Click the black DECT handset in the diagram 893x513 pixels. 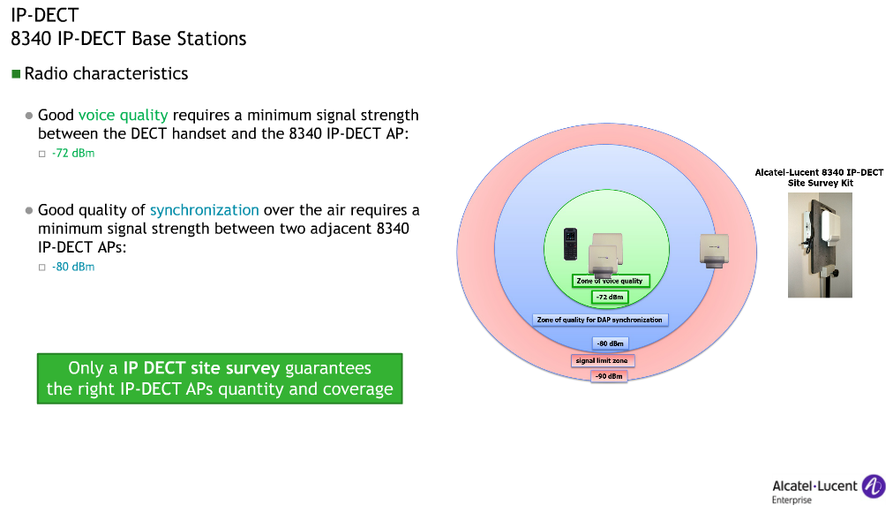(571, 245)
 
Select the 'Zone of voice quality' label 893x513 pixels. (611, 281)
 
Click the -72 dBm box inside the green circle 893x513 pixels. (609, 298)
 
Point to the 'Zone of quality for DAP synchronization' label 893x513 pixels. (599, 320)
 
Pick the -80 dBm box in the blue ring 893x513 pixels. (609, 343)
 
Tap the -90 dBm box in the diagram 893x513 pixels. (609, 376)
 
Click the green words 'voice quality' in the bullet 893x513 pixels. (123, 116)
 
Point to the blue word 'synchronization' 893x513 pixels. (204, 210)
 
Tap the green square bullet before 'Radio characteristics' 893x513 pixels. (15, 74)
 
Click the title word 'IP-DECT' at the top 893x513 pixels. (44, 15)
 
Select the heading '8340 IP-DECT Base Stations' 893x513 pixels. (129, 39)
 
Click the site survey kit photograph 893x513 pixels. (820, 245)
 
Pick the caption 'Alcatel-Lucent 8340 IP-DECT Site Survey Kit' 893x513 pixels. (819, 177)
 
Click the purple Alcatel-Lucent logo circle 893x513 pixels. (873, 486)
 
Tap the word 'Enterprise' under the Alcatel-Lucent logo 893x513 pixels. (792, 501)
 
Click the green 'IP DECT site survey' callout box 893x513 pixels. (220, 379)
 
